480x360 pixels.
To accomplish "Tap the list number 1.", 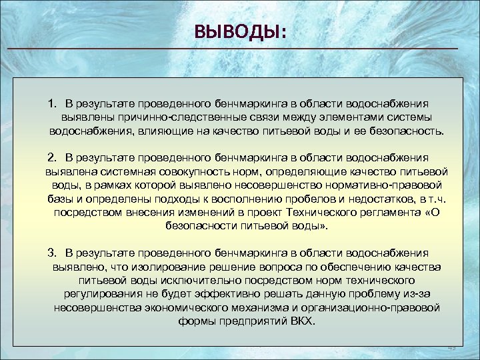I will (x=52, y=104).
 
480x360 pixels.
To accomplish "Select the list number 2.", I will (x=52, y=157).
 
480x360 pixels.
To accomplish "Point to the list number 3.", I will (x=52, y=253).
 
